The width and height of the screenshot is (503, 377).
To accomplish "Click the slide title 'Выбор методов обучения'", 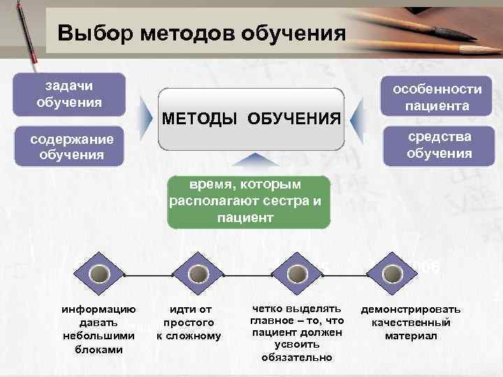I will (x=202, y=33).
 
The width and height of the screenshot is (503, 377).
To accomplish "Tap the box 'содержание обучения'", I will (x=71, y=145).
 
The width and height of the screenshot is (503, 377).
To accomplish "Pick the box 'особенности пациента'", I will (x=437, y=98).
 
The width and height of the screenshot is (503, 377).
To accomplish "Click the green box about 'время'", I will (x=249, y=202).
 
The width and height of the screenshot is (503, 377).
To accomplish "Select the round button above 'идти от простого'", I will (x=197, y=274).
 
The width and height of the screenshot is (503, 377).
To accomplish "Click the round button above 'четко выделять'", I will (x=296, y=274).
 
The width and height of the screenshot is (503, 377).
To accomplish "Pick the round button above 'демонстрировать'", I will (x=394, y=274).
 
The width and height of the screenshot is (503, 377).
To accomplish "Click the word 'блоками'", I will (x=99, y=349).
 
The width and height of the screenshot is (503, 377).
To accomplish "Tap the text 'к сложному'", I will (x=189, y=336).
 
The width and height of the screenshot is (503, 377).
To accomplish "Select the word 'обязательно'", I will (x=297, y=357).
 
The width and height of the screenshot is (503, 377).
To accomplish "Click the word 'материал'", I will (x=410, y=336).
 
